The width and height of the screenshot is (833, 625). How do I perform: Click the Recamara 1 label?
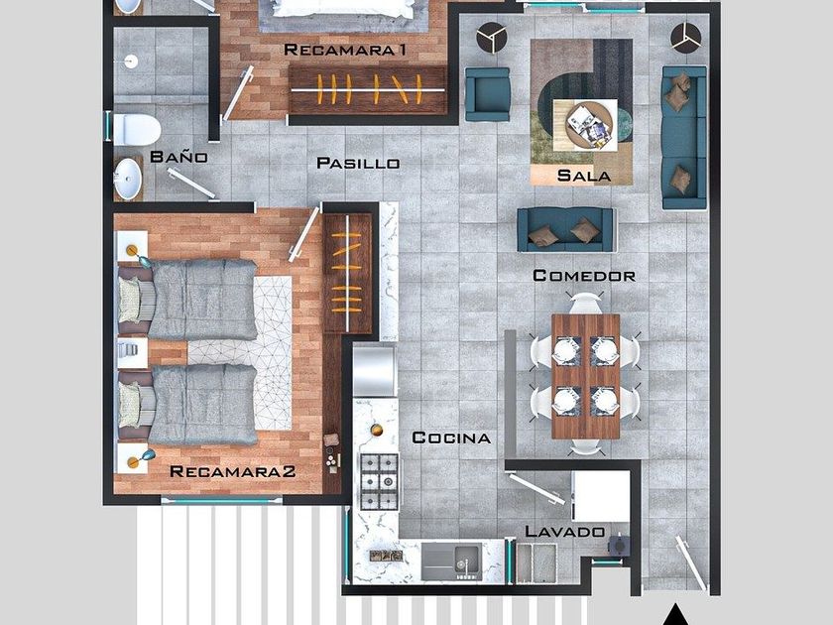345,50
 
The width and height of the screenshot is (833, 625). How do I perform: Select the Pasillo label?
358,163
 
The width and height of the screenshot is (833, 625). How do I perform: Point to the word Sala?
584,176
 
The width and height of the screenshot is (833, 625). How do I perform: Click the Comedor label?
584,276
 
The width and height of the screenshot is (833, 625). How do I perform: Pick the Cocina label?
451,437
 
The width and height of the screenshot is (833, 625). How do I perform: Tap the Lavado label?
564,531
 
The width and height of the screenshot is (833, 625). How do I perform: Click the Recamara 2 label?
233,471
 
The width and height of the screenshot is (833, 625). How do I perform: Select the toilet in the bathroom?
136,130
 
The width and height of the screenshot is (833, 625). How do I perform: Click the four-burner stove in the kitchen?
379,481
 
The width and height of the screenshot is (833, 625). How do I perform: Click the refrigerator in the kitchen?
375,370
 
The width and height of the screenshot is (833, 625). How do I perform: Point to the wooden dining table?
585,376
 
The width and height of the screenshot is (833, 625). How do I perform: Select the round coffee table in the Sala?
589,125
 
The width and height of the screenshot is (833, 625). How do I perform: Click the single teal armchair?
487,94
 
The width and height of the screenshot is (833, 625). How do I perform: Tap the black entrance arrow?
675,615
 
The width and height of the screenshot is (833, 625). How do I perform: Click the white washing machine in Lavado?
600,496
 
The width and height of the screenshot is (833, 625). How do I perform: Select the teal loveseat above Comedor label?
566,229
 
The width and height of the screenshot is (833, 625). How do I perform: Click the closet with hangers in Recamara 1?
368,90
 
